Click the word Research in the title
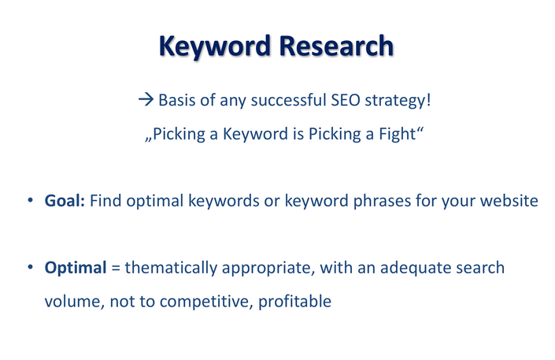pos(336,46)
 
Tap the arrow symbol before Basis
pos(146,99)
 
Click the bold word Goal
pos(65,201)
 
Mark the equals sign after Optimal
pos(116,269)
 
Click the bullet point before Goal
pos(31,200)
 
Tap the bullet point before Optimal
pos(31,267)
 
